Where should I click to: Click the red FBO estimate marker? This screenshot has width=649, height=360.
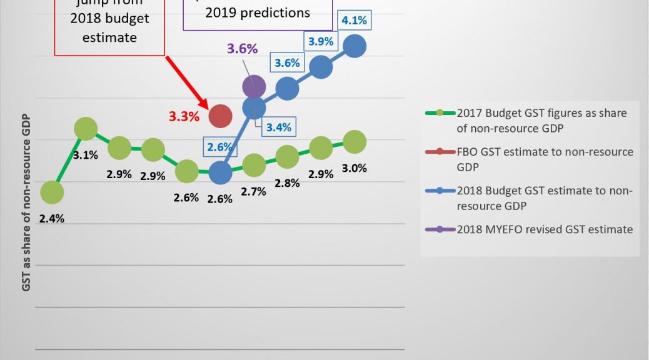(x=220, y=115)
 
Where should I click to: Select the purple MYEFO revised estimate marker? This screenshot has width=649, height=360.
(x=253, y=86)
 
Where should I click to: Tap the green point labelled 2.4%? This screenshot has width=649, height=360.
(x=52, y=192)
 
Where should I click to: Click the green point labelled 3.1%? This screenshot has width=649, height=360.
(x=86, y=129)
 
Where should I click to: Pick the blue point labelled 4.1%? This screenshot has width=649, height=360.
(x=355, y=46)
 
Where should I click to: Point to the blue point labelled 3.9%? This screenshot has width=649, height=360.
(x=321, y=67)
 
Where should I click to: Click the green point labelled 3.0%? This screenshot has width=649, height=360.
(x=355, y=142)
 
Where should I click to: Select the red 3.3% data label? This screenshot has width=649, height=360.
(x=184, y=116)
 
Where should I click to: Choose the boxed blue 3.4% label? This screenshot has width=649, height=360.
(x=279, y=127)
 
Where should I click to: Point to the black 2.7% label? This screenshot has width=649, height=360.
(x=254, y=191)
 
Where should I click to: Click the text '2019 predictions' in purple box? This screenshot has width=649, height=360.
(x=257, y=12)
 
